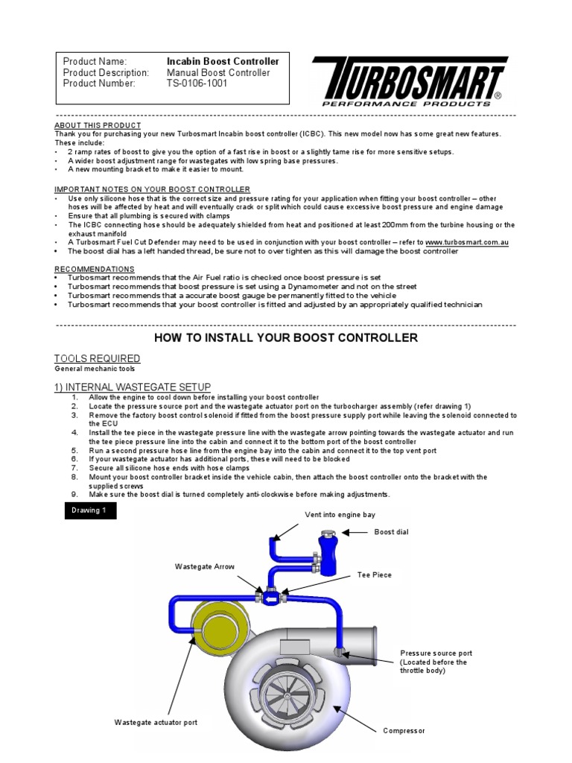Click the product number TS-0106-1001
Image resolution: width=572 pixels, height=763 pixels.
click(x=197, y=84)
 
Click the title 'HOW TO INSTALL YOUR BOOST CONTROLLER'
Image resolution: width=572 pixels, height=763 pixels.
click(x=286, y=338)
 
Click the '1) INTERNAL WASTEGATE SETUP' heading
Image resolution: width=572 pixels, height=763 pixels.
click(x=133, y=386)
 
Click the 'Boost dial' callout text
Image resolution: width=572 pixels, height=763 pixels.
click(x=392, y=532)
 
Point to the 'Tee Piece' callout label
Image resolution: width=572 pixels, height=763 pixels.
click(x=374, y=574)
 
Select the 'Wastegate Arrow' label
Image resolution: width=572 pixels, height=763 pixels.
click(x=205, y=567)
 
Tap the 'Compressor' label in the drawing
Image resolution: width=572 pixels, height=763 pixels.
click(x=404, y=731)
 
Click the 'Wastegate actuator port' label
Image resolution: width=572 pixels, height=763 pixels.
click(x=156, y=722)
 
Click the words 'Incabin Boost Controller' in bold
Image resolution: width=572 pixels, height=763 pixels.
click(x=223, y=61)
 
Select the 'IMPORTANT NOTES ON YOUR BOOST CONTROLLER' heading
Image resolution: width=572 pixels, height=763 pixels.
click(x=152, y=189)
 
